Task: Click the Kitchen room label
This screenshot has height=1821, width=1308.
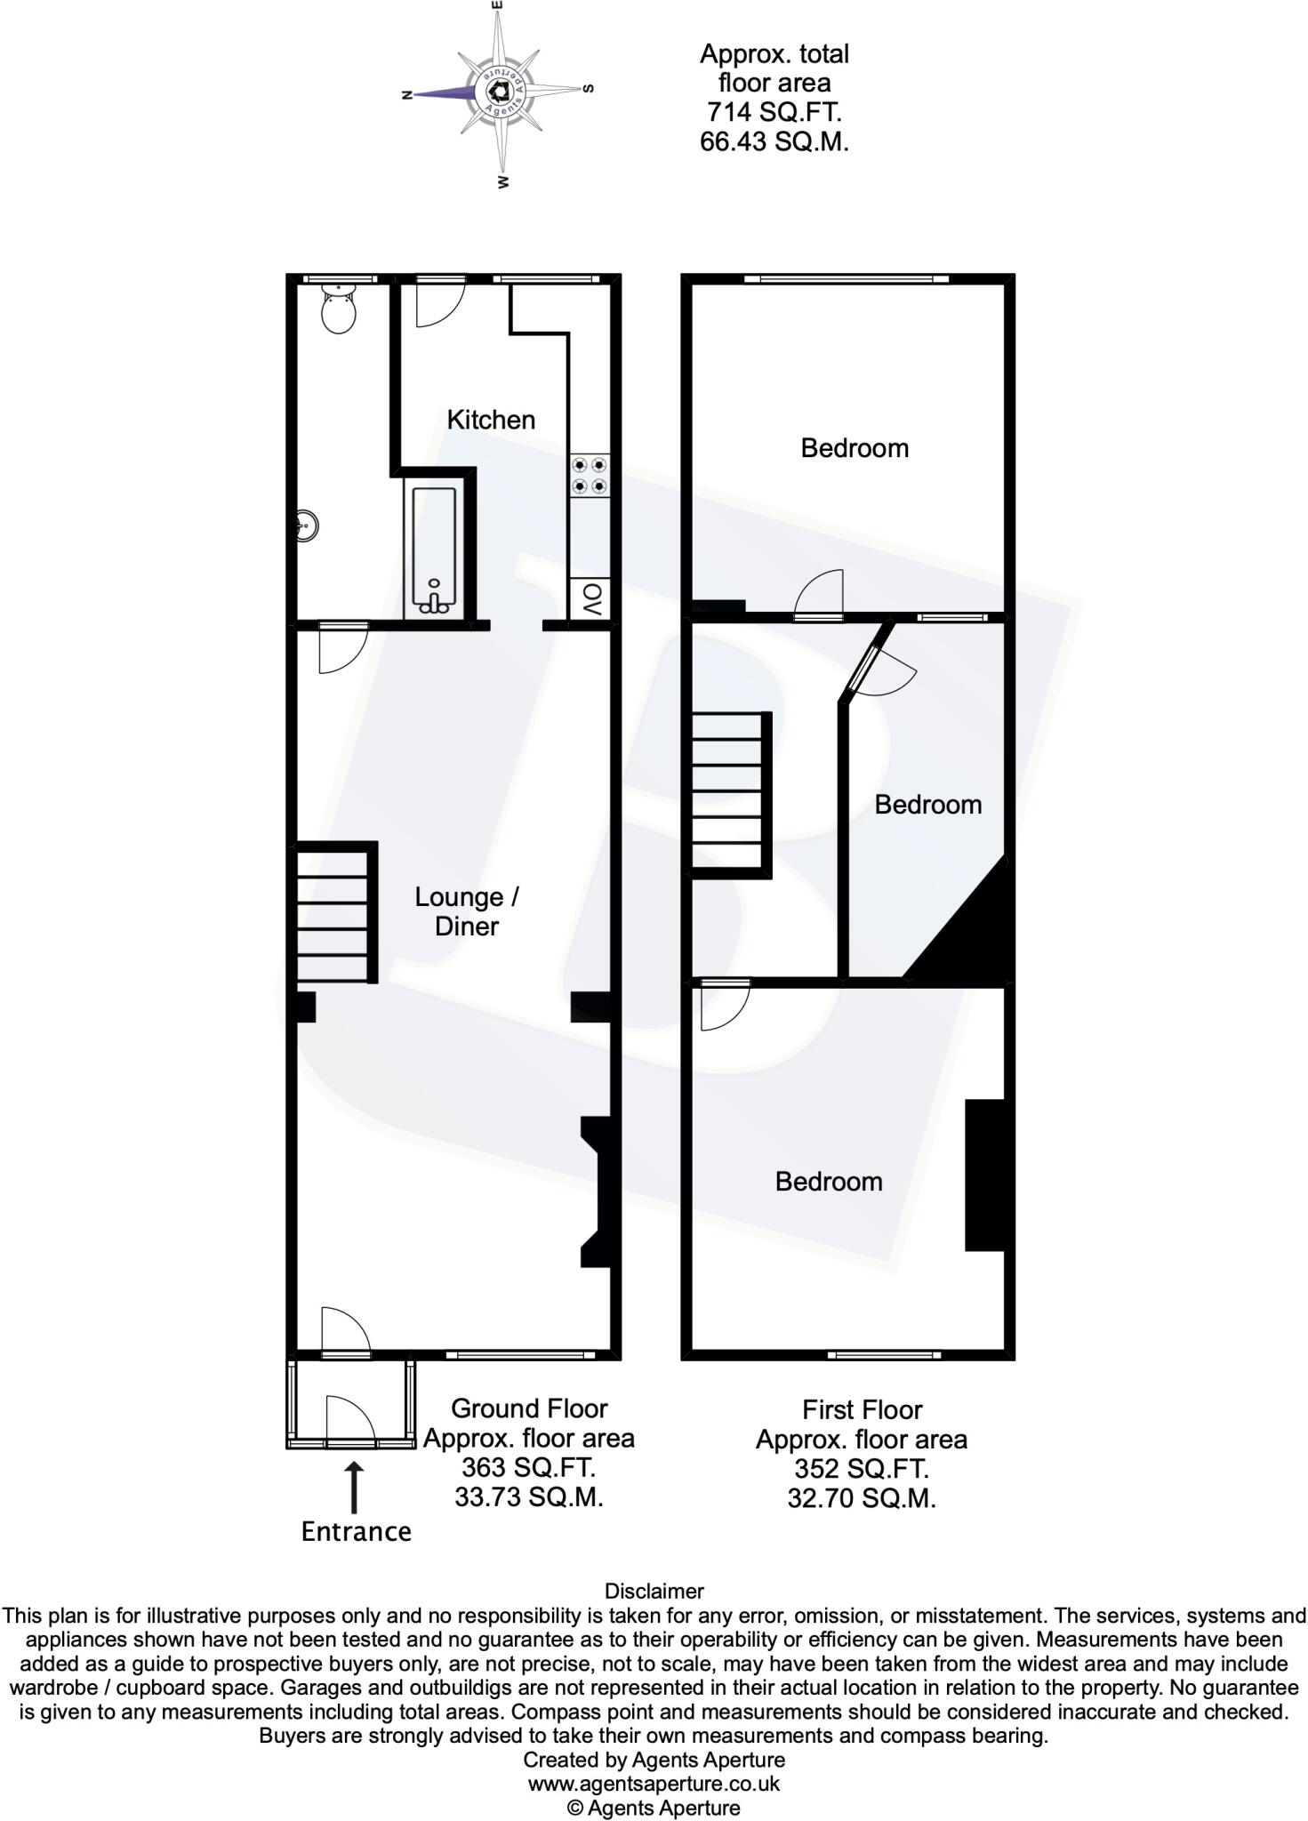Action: (491, 420)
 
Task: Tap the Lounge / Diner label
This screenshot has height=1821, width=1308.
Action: (467, 911)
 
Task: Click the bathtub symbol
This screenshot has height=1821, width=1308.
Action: (434, 551)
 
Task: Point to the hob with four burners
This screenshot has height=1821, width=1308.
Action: (590, 476)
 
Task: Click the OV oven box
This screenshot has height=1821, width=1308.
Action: (590, 599)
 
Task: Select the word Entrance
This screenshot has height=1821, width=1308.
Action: (356, 1531)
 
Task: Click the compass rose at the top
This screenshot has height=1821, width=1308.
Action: (501, 92)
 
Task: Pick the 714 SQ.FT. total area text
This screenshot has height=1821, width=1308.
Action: (774, 112)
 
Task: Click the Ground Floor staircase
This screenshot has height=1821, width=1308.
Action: (333, 913)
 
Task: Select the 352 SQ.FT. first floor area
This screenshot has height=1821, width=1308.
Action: (862, 1469)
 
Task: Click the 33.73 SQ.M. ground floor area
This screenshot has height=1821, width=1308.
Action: (529, 1497)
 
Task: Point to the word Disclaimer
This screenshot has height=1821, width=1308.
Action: (654, 1592)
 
